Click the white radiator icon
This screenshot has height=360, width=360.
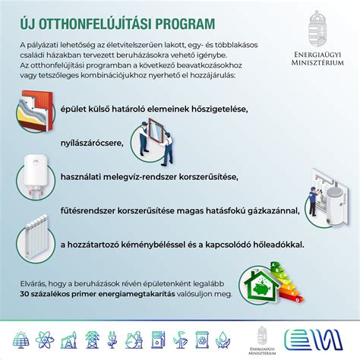pyautogui.click(x=35, y=233)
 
